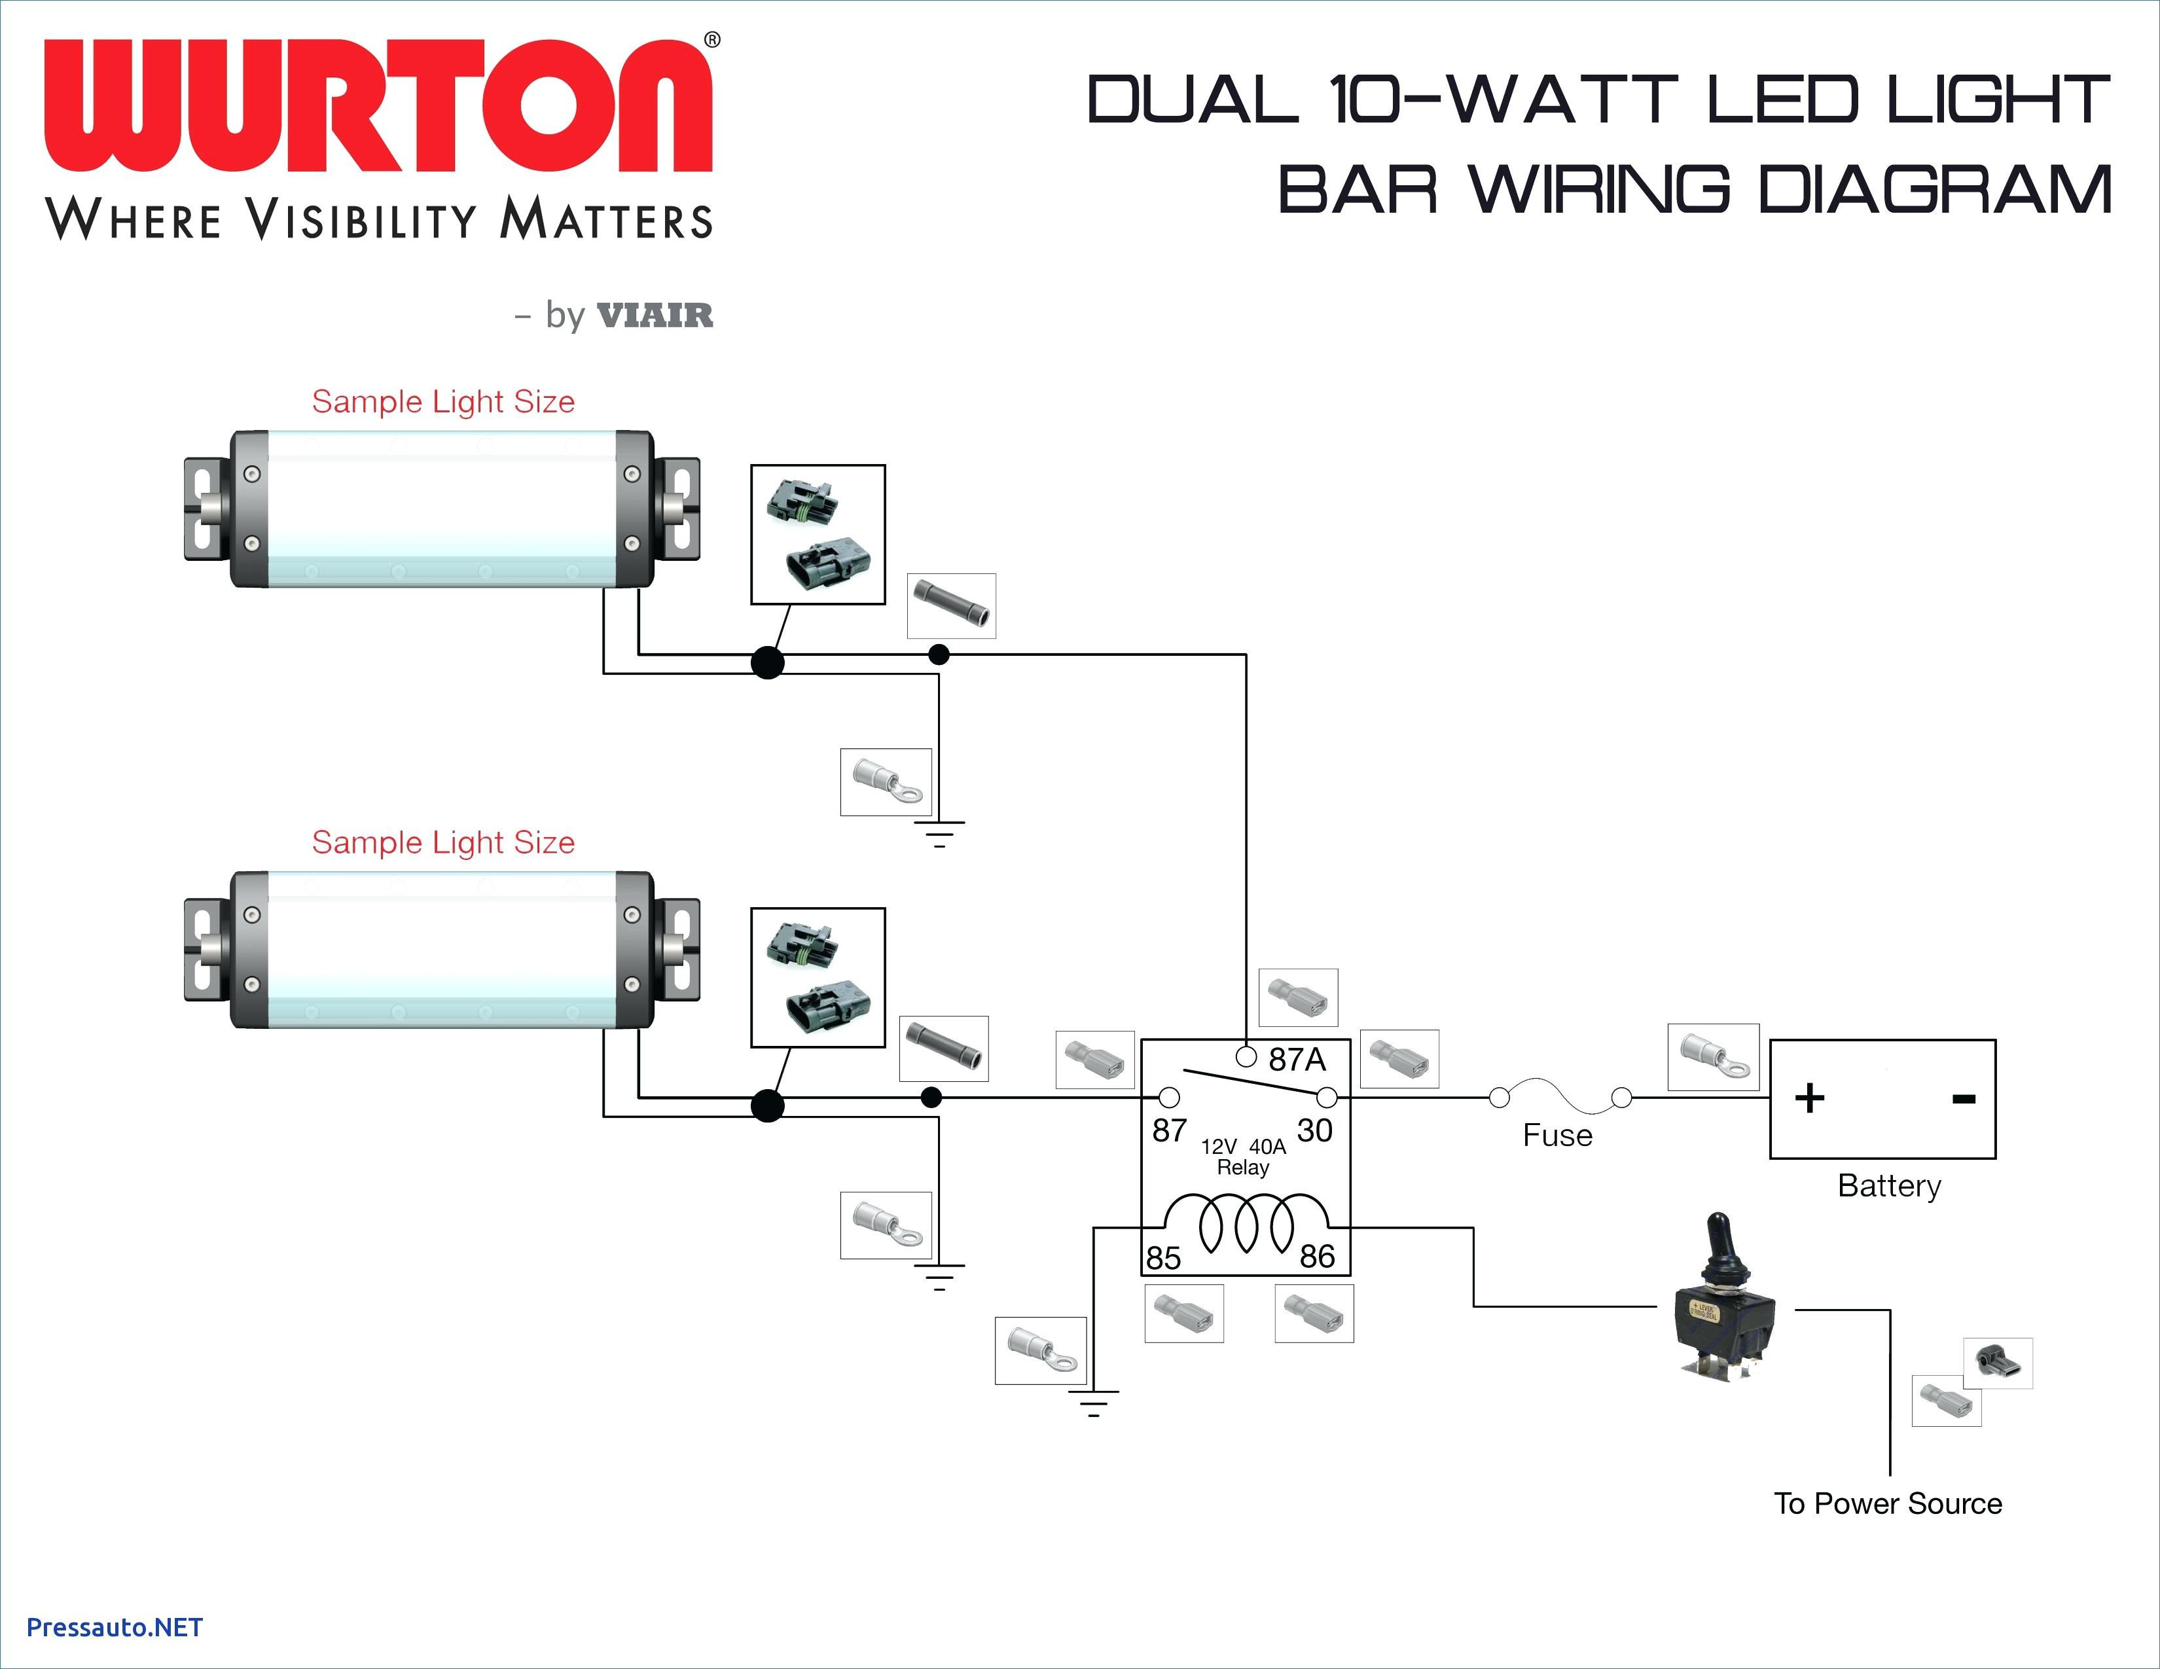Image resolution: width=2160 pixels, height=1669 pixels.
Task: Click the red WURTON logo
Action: [378, 106]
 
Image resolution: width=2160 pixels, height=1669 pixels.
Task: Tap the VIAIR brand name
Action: [655, 315]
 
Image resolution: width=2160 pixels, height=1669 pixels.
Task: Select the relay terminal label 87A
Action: [1297, 1060]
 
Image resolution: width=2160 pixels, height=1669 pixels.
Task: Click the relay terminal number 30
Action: [1314, 1130]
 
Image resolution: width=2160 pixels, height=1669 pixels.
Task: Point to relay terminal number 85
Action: [1163, 1258]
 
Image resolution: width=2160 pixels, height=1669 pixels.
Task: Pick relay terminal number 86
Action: [1318, 1256]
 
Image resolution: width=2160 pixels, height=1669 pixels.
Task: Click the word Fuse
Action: [1558, 1135]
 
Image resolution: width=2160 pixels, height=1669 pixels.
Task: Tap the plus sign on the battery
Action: [1809, 1098]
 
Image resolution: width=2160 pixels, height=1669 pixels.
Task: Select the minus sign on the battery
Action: [1964, 1098]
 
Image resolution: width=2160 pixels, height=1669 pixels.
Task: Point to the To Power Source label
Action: [1888, 1504]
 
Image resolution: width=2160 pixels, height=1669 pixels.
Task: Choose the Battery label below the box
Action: [1889, 1185]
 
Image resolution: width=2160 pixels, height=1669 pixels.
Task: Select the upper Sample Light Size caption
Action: [443, 401]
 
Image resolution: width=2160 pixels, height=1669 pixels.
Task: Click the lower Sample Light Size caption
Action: [443, 842]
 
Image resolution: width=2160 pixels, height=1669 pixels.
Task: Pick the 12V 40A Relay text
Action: [1243, 1157]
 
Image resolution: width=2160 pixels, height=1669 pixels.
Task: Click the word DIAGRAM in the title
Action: [1934, 190]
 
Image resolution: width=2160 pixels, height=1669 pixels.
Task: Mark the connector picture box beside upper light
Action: [818, 534]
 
